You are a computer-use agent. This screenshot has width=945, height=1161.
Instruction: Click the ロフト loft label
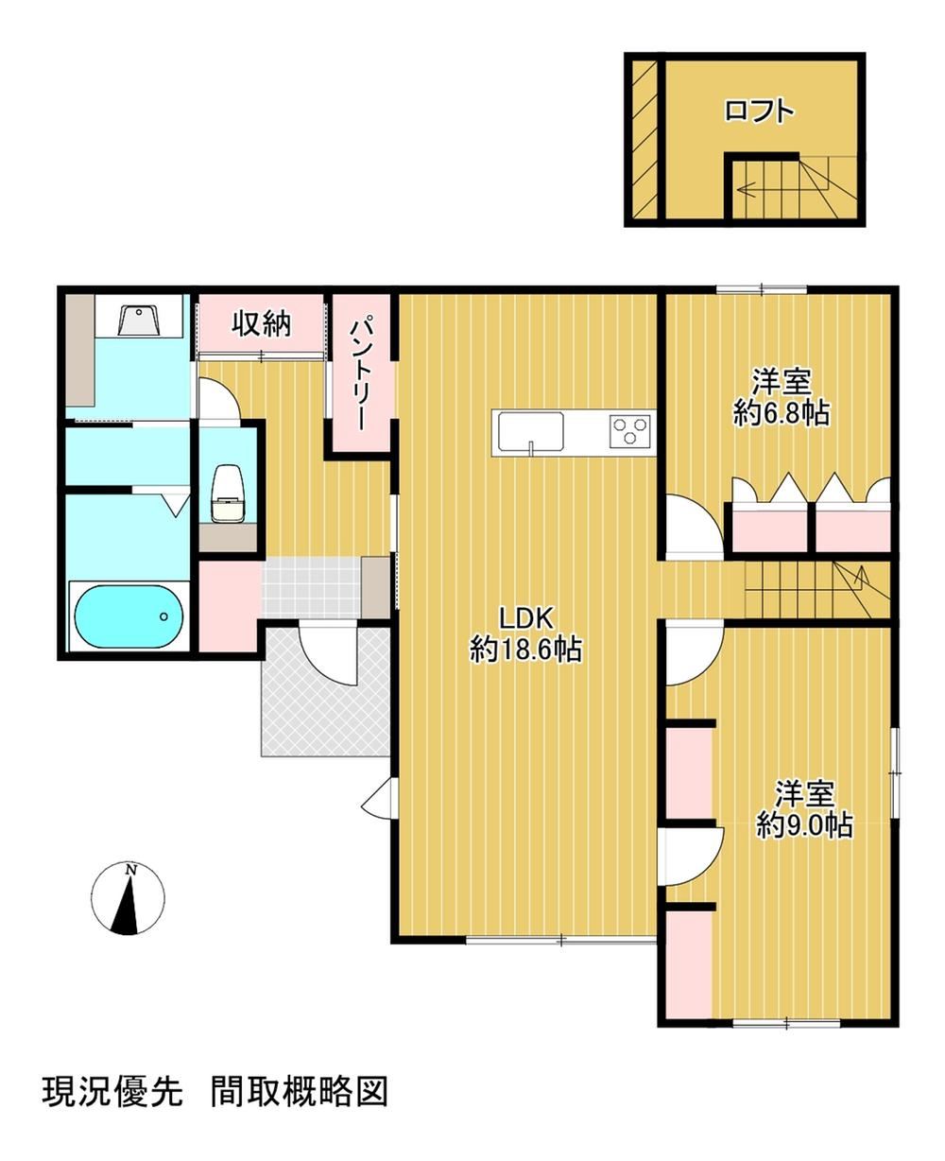pyautogui.click(x=759, y=111)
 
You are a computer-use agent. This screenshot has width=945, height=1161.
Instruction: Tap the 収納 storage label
pyautogui.click(x=262, y=324)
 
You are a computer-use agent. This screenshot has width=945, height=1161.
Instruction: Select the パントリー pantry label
pyautogui.click(x=362, y=373)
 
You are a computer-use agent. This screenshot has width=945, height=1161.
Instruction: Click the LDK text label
pyautogui.click(x=526, y=618)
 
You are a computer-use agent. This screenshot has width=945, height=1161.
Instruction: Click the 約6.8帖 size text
pyautogui.click(x=782, y=412)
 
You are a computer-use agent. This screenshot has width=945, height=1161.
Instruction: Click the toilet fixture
pyautogui.click(x=228, y=494)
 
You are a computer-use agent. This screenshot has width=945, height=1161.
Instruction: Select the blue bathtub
pyautogui.click(x=129, y=616)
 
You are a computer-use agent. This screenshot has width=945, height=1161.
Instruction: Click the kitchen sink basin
pyautogui.click(x=528, y=430)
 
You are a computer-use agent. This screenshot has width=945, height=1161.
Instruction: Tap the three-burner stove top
pyautogui.click(x=630, y=430)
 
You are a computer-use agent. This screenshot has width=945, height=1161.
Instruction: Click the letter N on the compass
pyautogui.click(x=130, y=871)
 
